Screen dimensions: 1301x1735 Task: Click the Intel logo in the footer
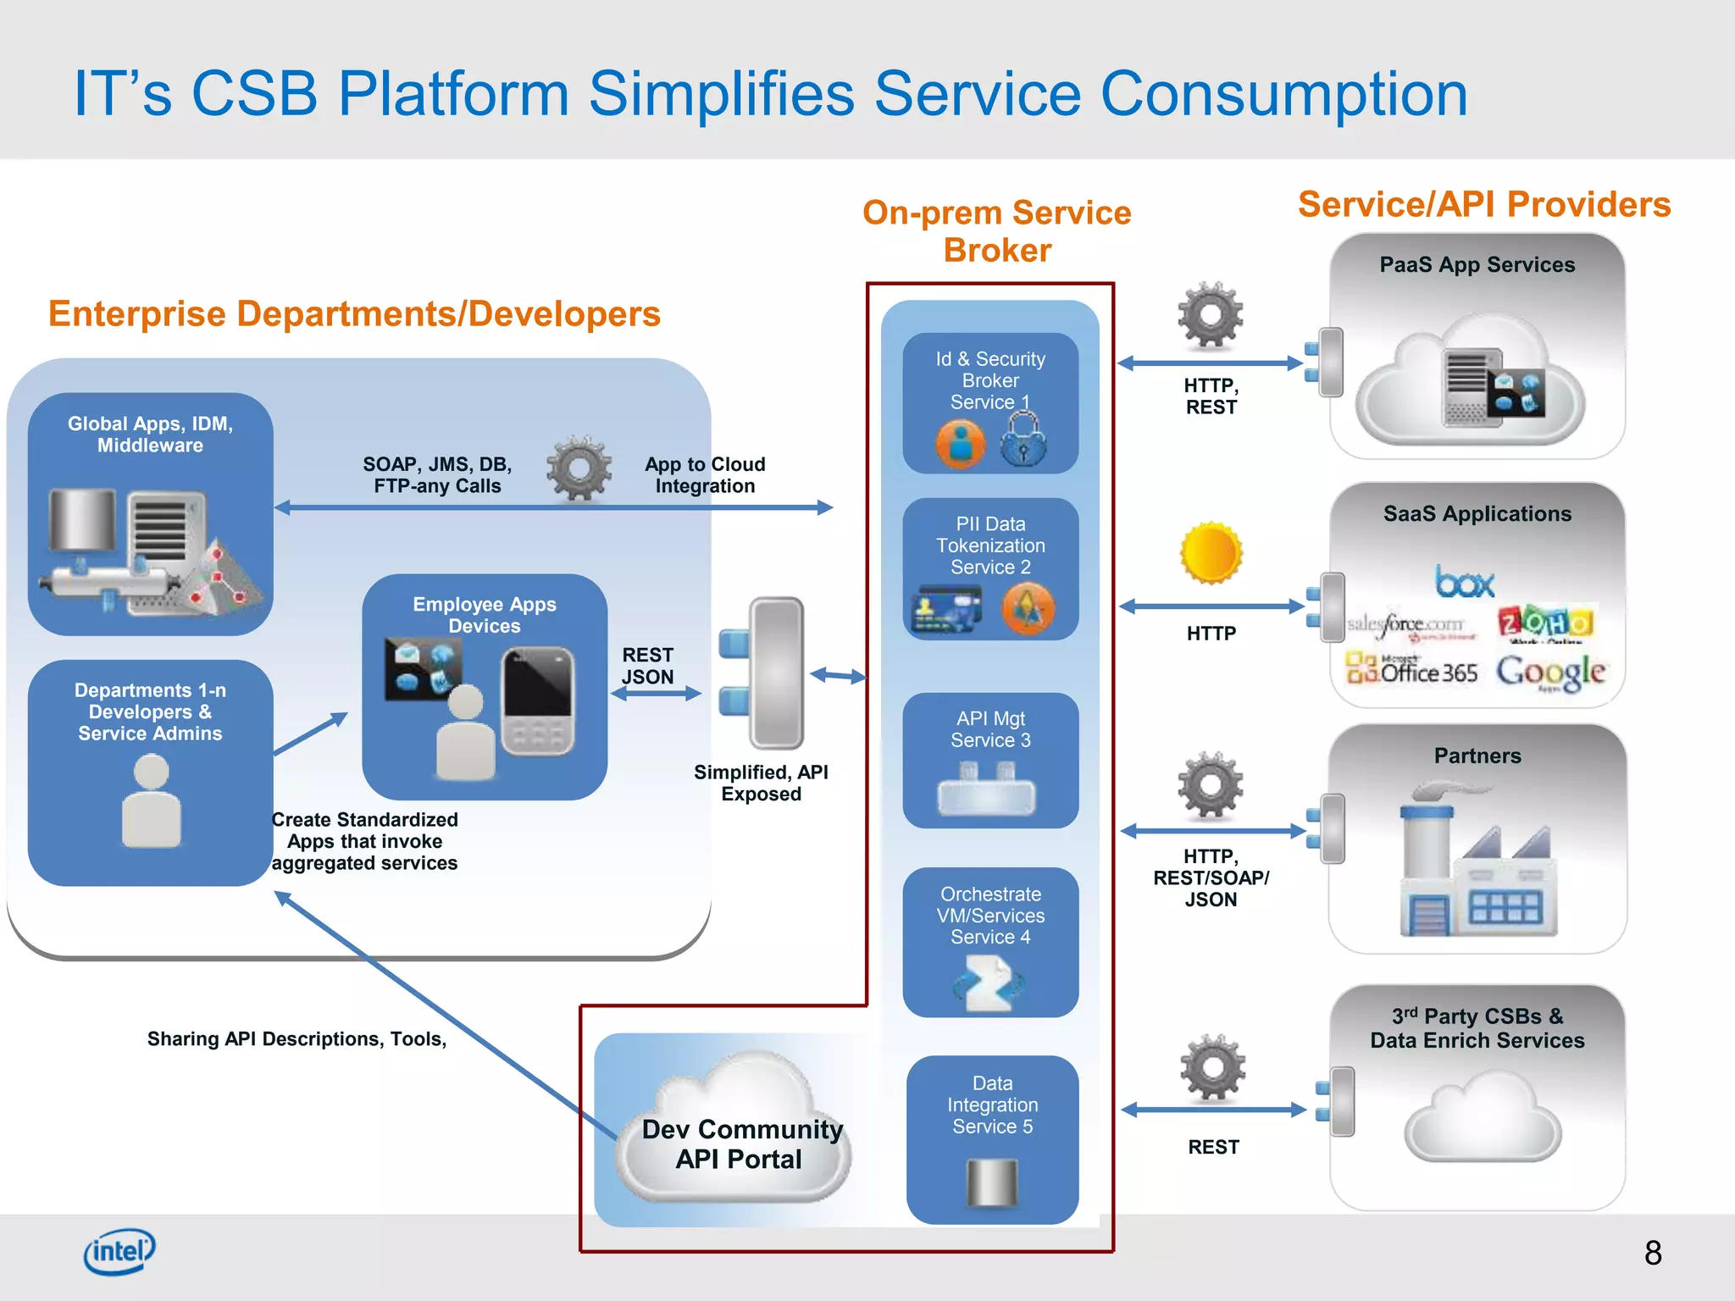click(x=119, y=1250)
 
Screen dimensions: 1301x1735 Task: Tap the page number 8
click(x=1652, y=1253)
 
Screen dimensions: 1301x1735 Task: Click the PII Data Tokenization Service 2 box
click(x=989, y=567)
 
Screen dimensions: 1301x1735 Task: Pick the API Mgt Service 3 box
click(x=989, y=759)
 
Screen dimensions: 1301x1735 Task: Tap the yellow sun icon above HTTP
click(x=1211, y=553)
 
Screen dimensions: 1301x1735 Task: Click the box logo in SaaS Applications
click(x=1464, y=582)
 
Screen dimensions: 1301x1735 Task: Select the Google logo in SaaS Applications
click(x=1549, y=673)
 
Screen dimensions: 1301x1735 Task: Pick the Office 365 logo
click(x=1412, y=671)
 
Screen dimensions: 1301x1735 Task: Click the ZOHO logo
click(x=1547, y=623)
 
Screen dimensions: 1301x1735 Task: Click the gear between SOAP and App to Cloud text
click(x=579, y=468)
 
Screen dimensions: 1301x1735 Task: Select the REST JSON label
click(x=647, y=666)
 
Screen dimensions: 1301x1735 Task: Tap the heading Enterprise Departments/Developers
click(x=354, y=313)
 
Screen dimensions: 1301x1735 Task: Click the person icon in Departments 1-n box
click(x=151, y=801)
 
